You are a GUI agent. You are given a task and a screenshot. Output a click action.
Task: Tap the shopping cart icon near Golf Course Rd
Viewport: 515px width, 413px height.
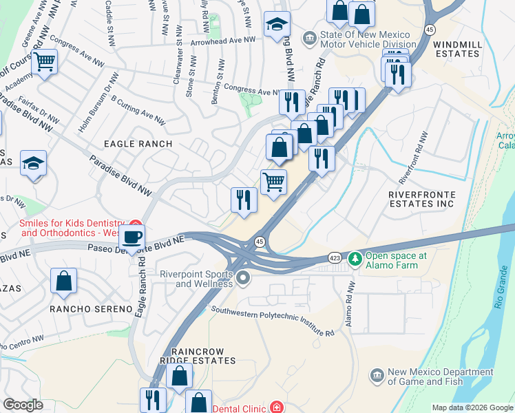pos(45,61)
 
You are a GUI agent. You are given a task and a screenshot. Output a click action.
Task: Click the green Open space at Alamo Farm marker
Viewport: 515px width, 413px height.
pos(355,260)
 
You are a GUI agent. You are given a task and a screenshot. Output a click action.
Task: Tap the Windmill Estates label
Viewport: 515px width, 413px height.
pos(467,50)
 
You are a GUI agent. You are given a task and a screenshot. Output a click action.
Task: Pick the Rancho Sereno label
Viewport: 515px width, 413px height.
pos(90,309)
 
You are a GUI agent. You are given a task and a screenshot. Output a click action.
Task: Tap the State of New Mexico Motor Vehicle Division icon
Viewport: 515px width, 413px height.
pos(309,36)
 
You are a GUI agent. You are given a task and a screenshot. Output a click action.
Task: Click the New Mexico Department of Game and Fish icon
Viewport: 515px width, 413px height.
pos(377,375)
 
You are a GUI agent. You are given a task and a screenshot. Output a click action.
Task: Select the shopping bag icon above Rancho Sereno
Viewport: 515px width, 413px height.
pos(63,281)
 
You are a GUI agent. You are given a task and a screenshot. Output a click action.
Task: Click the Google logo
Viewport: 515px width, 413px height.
pos(23,405)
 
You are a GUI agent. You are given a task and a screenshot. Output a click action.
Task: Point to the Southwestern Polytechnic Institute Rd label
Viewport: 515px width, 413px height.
pos(272,321)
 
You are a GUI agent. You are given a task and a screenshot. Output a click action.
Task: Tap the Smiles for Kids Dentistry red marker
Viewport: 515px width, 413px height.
pos(136,224)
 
